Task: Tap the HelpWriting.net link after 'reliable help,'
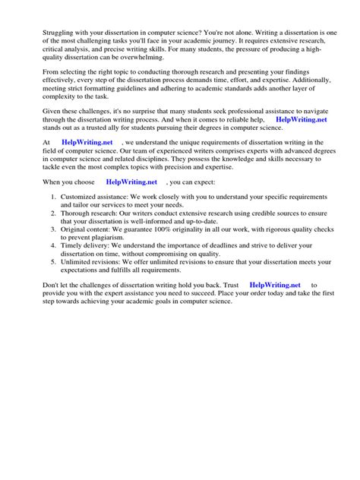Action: coord(301,119)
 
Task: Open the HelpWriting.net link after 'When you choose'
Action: coord(131,182)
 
